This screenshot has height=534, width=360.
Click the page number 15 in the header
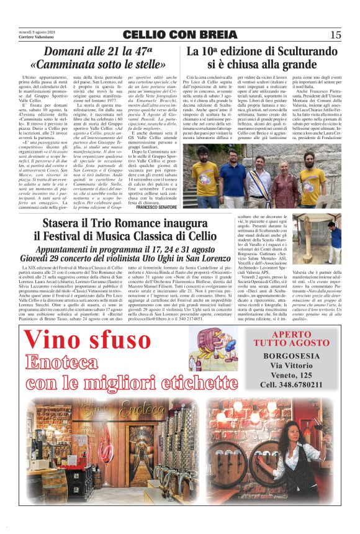[x=335, y=34]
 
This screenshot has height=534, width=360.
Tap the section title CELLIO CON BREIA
[x=179, y=35]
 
